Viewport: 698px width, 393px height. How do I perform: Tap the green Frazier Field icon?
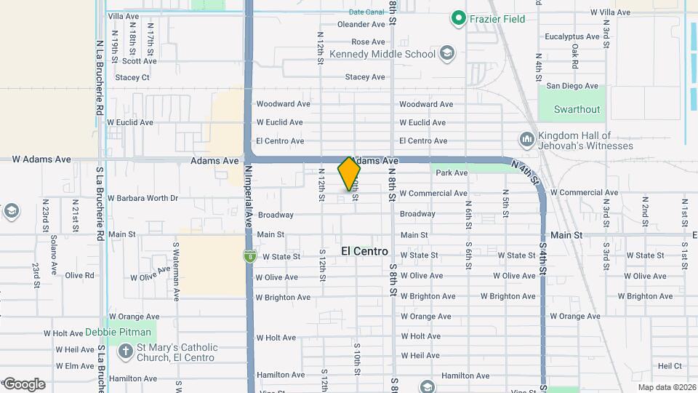point(458,18)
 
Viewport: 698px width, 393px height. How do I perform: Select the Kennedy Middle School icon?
point(446,54)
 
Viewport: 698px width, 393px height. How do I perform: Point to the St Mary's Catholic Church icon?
point(122,352)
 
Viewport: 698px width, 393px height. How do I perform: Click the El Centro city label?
point(364,252)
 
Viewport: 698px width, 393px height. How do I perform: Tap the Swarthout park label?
point(577,109)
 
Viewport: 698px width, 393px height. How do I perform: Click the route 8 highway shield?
point(249,256)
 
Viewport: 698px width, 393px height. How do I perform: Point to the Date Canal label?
point(366,12)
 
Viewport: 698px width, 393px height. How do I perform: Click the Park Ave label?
point(452,173)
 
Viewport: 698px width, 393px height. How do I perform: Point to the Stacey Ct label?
point(132,77)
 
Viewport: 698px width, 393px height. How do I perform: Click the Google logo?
point(24,384)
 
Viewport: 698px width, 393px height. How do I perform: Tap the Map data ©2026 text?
point(666,387)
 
